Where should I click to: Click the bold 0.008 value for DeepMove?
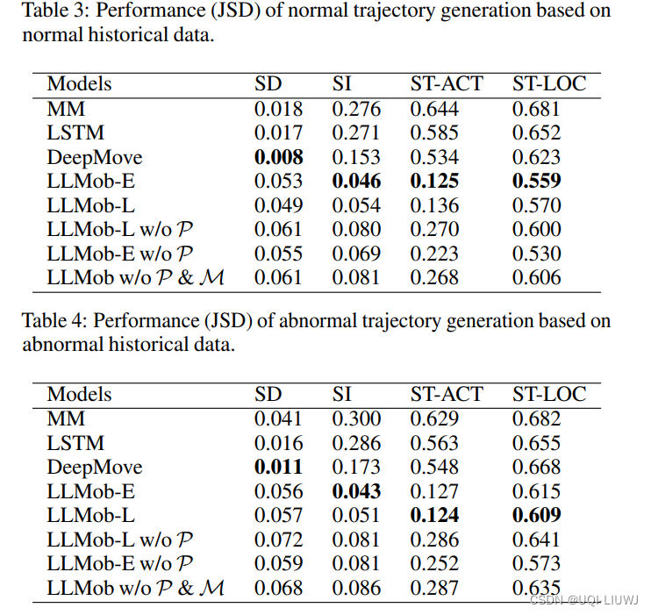coord(278,157)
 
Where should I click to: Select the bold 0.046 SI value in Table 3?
coord(356,182)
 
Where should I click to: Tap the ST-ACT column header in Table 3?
coord(447,84)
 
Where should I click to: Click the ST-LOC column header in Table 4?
coord(549,395)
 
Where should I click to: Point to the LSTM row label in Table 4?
coord(75,443)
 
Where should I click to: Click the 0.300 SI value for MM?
coord(356,419)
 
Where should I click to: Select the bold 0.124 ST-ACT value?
coord(434,516)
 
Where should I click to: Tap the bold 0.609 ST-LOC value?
coord(537,516)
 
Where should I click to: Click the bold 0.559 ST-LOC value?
coord(537,182)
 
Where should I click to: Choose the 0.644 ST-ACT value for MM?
coord(434,109)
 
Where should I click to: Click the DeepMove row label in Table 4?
coord(94,468)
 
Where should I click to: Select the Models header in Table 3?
coord(80,84)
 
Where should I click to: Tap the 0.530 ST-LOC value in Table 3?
coord(537,254)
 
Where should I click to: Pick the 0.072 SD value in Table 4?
coord(278,540)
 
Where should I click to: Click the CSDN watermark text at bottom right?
coord(584,600)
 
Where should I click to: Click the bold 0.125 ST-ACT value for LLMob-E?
coord(434,182)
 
